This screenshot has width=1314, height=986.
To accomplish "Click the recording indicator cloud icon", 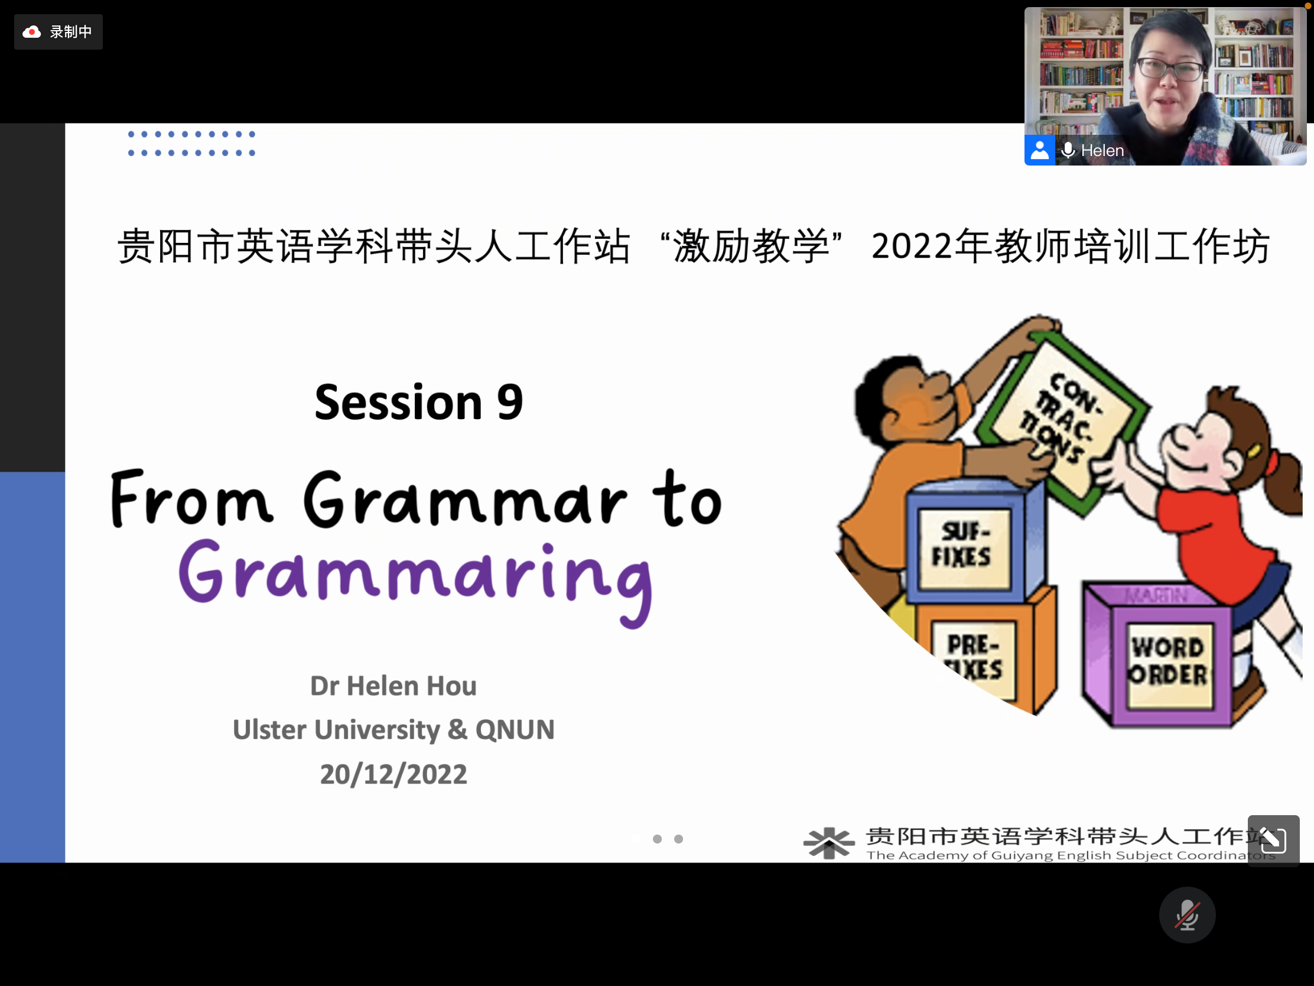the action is (31, 32).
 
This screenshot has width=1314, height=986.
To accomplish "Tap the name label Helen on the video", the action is (1102, 150).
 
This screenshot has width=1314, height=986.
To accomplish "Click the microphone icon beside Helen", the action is (1068, 150).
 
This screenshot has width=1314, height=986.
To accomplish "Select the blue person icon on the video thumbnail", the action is (1039, 150).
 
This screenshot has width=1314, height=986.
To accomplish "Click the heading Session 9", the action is (419, 403).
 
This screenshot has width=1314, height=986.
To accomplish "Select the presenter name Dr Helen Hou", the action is (393, 686).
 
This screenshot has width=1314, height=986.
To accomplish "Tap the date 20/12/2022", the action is (393, 774).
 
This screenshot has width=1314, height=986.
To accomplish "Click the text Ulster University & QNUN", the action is (393, 730).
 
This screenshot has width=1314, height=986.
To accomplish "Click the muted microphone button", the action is (1187, 914).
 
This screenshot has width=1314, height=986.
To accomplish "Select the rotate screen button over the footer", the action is (1273, 840).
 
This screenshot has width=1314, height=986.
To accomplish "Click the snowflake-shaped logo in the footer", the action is (829, 843).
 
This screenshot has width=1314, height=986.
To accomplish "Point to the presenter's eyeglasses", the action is (1169, 69).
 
